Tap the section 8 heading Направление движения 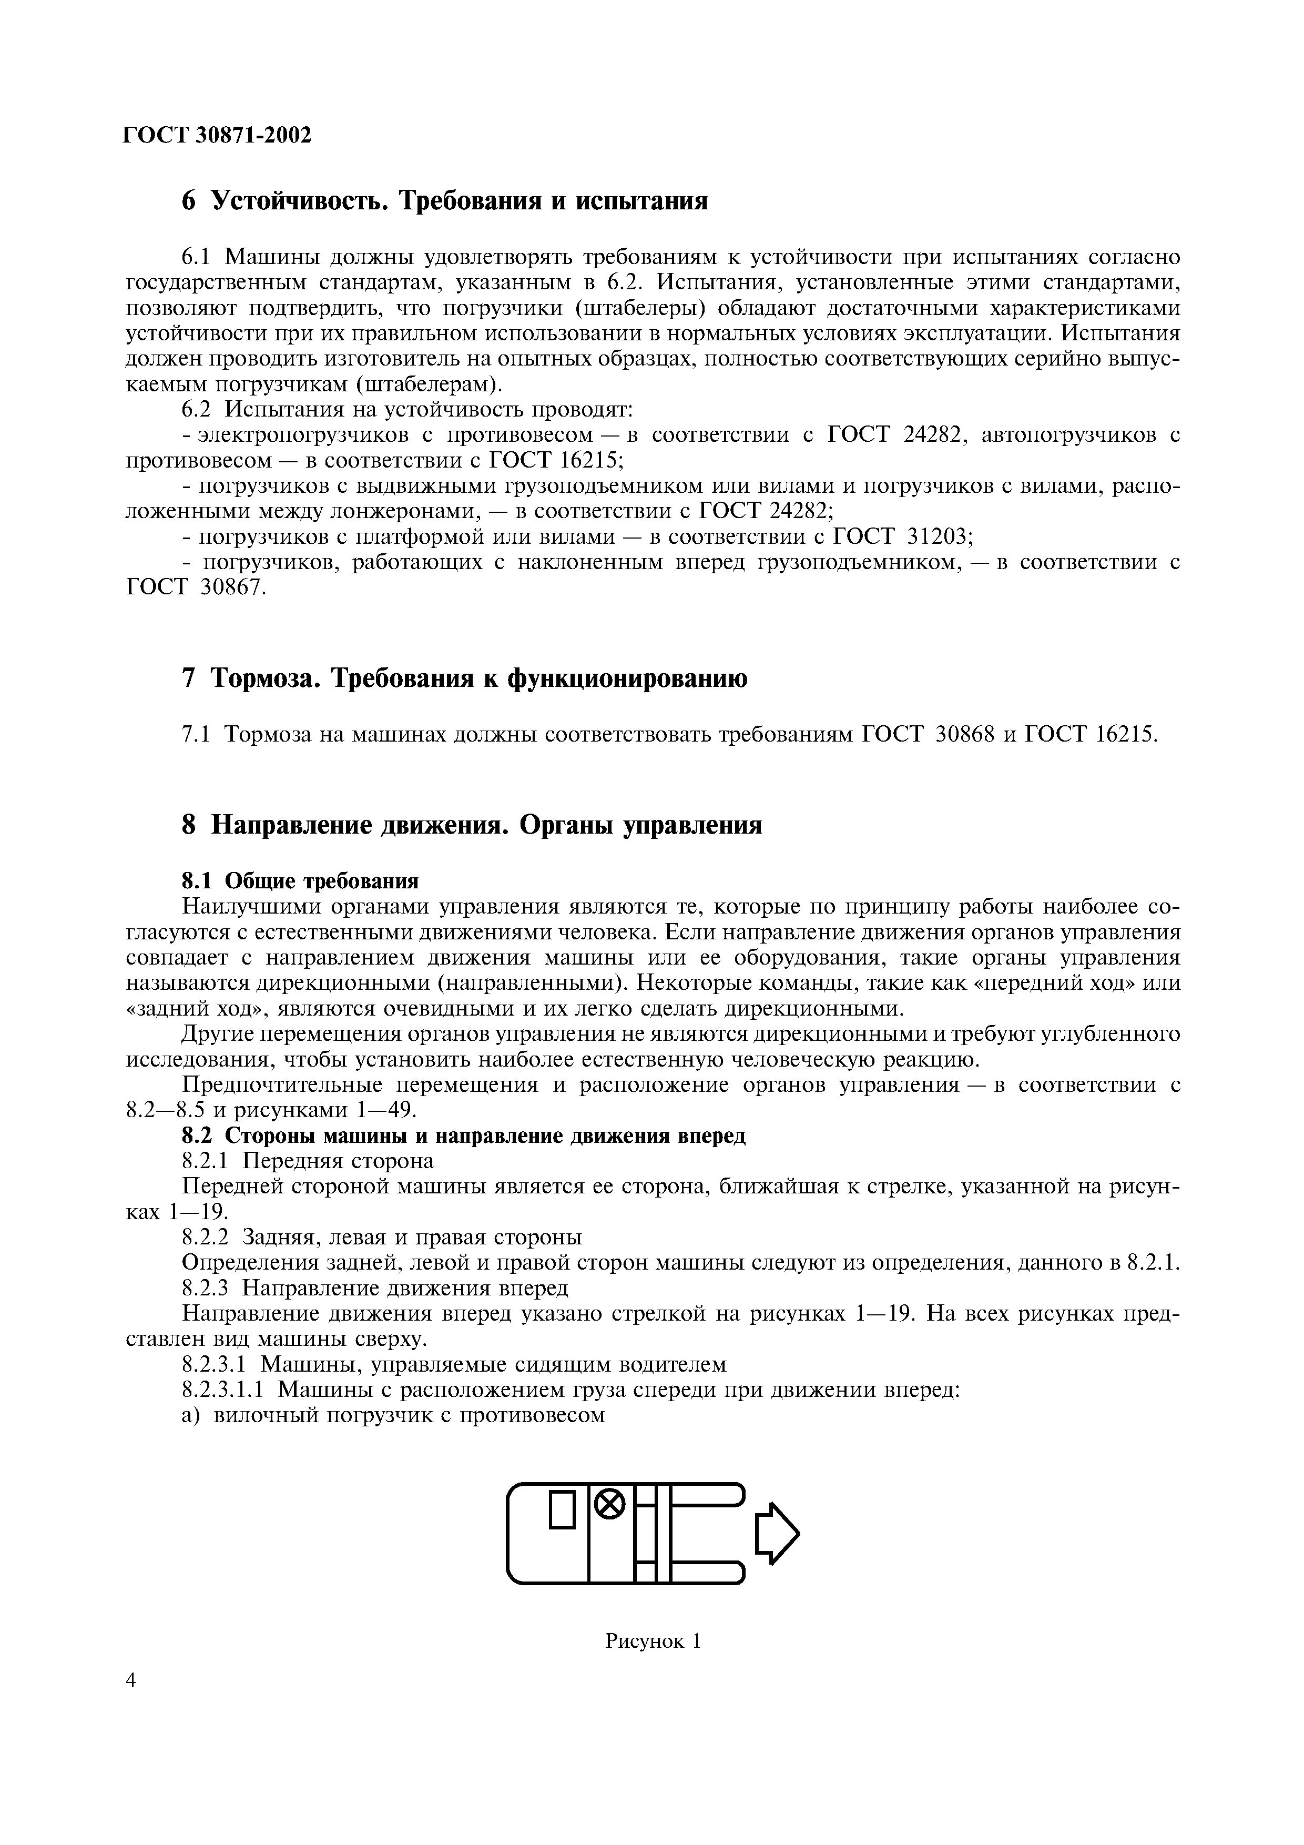(472, 825)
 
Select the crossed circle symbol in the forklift (610, 1504)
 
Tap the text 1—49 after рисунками (385, 1110)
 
